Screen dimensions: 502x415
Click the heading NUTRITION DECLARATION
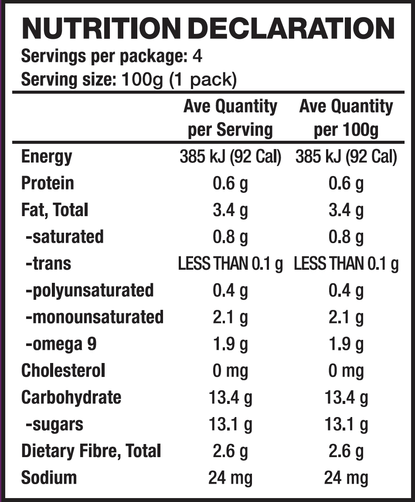pyautogui.click(x=207, y=28)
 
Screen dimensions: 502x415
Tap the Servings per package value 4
pyautogui.click(x=197, y=57)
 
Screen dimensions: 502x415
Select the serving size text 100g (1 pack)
pyautogui.click(x=179, y=80)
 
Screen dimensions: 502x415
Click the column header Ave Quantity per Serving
pyautogui.click(x=230, y=118)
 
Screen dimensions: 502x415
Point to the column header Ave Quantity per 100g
pyautogui.click(x=346, y=118)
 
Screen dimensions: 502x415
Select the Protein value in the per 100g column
pyautogui.click(x=346, y=183)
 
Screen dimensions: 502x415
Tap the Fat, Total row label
pyautogui.click(x=54, y=210)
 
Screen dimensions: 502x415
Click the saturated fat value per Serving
pyautogui.click(x=230, y=237)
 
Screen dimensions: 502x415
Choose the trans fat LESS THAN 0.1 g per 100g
pyautogui.click(x=346, y=264)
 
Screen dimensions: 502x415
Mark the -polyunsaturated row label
pyautogui.click(x=89, y=290)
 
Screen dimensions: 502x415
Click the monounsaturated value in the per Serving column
pyautogui.click(x=230, y=317)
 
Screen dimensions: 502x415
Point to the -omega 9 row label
pyautogui.click(x=61, y=344)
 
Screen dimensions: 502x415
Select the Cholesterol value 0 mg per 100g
pyautogui.click(x=346, y=371)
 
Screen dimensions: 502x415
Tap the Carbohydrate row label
pyautogui.click(x=71, y=397)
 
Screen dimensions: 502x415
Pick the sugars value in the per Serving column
pyautogui.click(x=230, y=424)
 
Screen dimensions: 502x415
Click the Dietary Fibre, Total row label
pyautogui.click(x=91, y=451)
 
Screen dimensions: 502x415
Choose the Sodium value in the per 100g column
pyautogui.click(x=346, y=478)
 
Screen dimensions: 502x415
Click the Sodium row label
pyautogui.click(x=49, y=478)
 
